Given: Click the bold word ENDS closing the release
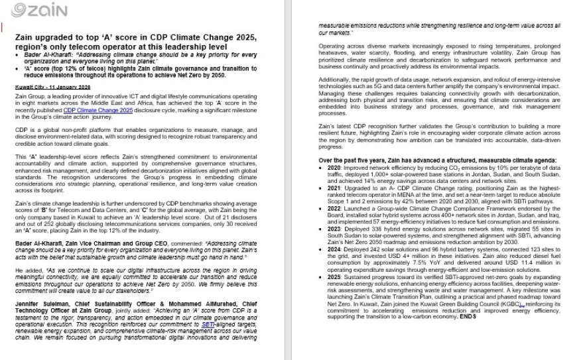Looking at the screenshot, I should tap(468, 316).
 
